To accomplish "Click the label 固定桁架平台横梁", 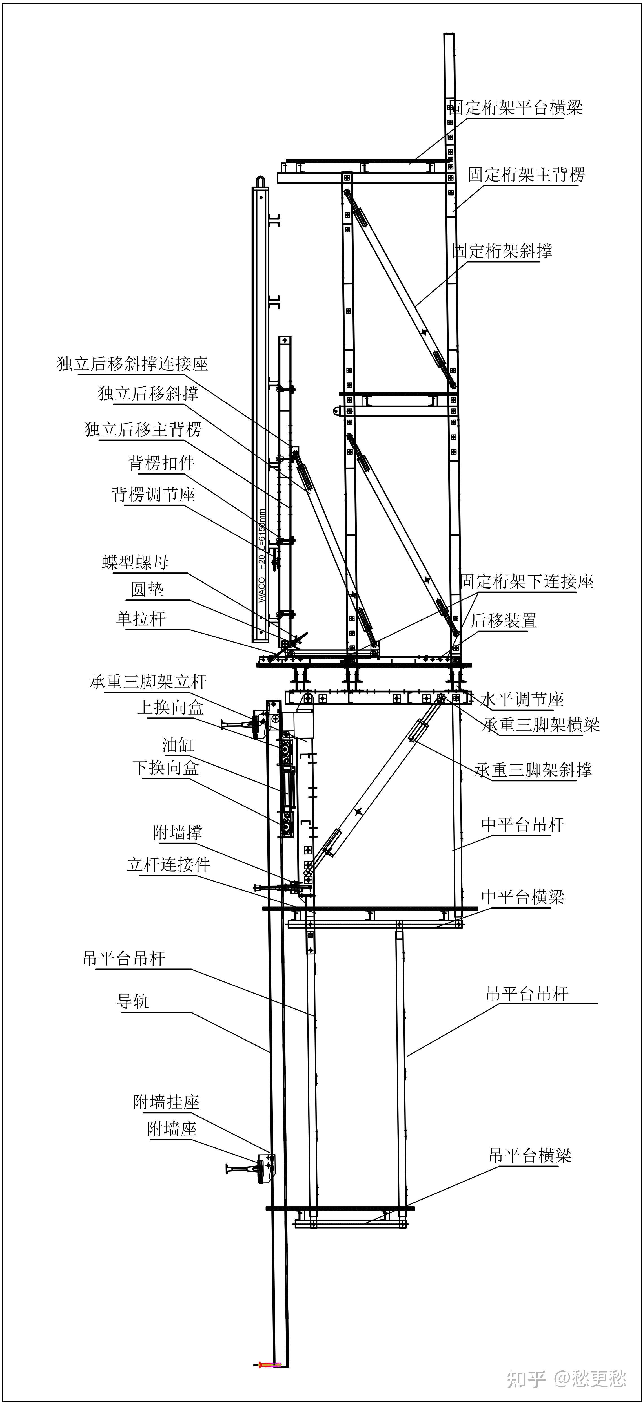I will [516, 108].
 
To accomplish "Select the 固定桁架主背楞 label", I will [526, 175].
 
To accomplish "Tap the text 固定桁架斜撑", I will [502, 251].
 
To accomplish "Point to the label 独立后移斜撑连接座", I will [133, 364].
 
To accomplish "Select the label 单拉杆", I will [141, 619].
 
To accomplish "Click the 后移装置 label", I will [503, 620].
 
